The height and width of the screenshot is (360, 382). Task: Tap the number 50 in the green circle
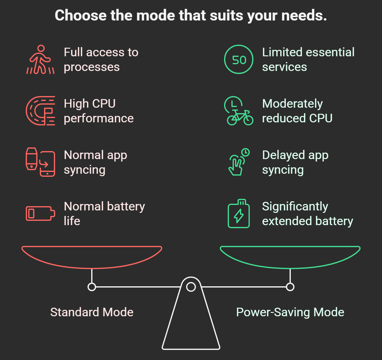coord(239,60)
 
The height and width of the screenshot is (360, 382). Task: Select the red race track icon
coord(40,111)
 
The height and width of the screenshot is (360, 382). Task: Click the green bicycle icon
coord(239,111)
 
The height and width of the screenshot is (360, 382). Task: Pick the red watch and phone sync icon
coord(40,162)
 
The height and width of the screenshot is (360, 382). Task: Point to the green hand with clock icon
coord(239,162)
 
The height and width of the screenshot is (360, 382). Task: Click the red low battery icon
coord(40,213)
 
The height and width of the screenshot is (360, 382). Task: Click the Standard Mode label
coord(92,312)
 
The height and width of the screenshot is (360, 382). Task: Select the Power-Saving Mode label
coord(290,312)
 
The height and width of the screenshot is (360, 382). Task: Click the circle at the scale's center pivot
coord(191,287)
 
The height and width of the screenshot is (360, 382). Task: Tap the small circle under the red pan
coord(92,287)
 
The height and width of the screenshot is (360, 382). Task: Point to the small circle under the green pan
coord(290,287)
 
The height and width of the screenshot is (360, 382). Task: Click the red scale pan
coord(92,257)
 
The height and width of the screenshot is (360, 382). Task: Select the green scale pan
coord(290,257)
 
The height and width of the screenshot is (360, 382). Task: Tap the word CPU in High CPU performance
coord(103,104)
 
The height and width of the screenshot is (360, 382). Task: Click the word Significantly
coord(295,207)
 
